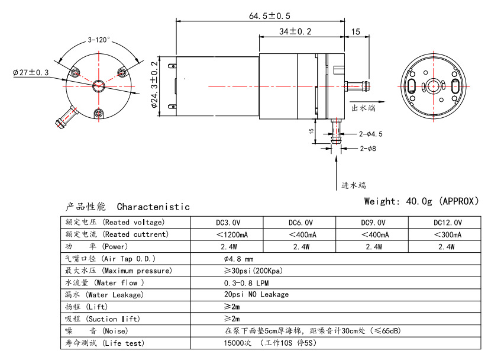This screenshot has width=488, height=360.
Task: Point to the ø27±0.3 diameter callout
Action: (31, 72)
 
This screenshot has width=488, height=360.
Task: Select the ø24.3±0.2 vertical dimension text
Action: (155, 85)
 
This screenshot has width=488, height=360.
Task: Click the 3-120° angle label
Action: (99, 40)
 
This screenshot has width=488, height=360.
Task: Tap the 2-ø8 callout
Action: (369, 149)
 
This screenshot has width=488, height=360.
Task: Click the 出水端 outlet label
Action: (363, 108)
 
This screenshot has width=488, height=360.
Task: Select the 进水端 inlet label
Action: (353, 185)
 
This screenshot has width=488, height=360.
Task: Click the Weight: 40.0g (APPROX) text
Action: (421, 201)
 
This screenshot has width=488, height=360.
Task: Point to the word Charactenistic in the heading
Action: (153, 207)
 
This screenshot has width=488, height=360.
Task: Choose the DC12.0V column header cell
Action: (447, 223)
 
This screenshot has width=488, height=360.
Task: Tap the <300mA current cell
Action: (447, 234)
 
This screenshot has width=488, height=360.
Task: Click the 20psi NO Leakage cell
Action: (256, 294)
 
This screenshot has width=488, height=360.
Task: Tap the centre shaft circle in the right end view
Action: (434, 84)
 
